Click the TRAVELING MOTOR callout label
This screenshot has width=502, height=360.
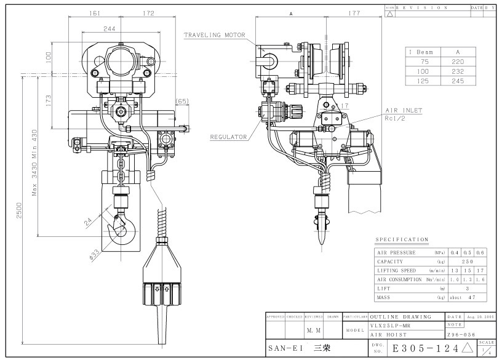point(215,36)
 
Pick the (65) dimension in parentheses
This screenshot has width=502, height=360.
point(182,100)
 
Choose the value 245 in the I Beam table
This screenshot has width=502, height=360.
point(455,81)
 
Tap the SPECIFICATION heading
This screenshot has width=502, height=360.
point(402,239)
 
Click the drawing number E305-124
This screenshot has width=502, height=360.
point(426,348)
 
